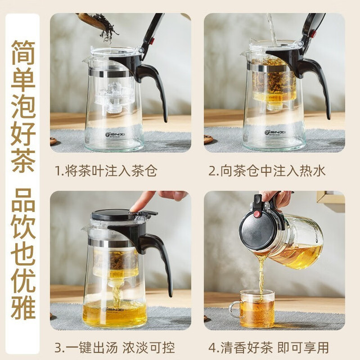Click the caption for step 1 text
coord(106,171)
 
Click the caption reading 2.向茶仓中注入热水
coord(267,171)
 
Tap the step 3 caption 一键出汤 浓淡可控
coord(115,348)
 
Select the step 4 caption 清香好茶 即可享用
coord(269,348)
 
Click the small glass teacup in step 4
coord(254,308)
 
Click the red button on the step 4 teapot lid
coord(257,214)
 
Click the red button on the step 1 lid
coord(152,41)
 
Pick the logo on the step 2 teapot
coord(272,133)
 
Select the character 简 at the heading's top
coord(23,52)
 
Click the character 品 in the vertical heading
coord(23,200)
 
